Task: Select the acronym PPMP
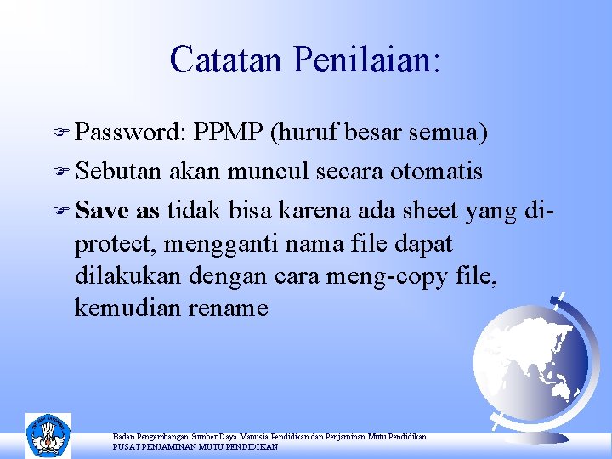[228, 133]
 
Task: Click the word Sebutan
[120, 172]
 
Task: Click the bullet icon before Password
[64, 133]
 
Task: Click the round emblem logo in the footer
[48, 435]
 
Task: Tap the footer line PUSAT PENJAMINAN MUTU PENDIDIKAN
[195, 446]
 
